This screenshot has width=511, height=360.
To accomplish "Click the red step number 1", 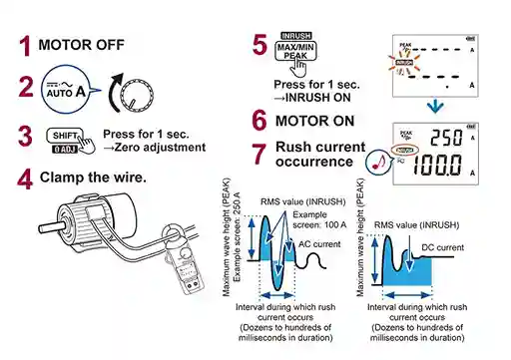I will (23, 46).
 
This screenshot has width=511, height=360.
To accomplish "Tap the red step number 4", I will (24, 180).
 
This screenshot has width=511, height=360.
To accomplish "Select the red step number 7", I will (259, 155).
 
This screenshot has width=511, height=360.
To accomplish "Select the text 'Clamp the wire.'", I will (93, 178).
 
